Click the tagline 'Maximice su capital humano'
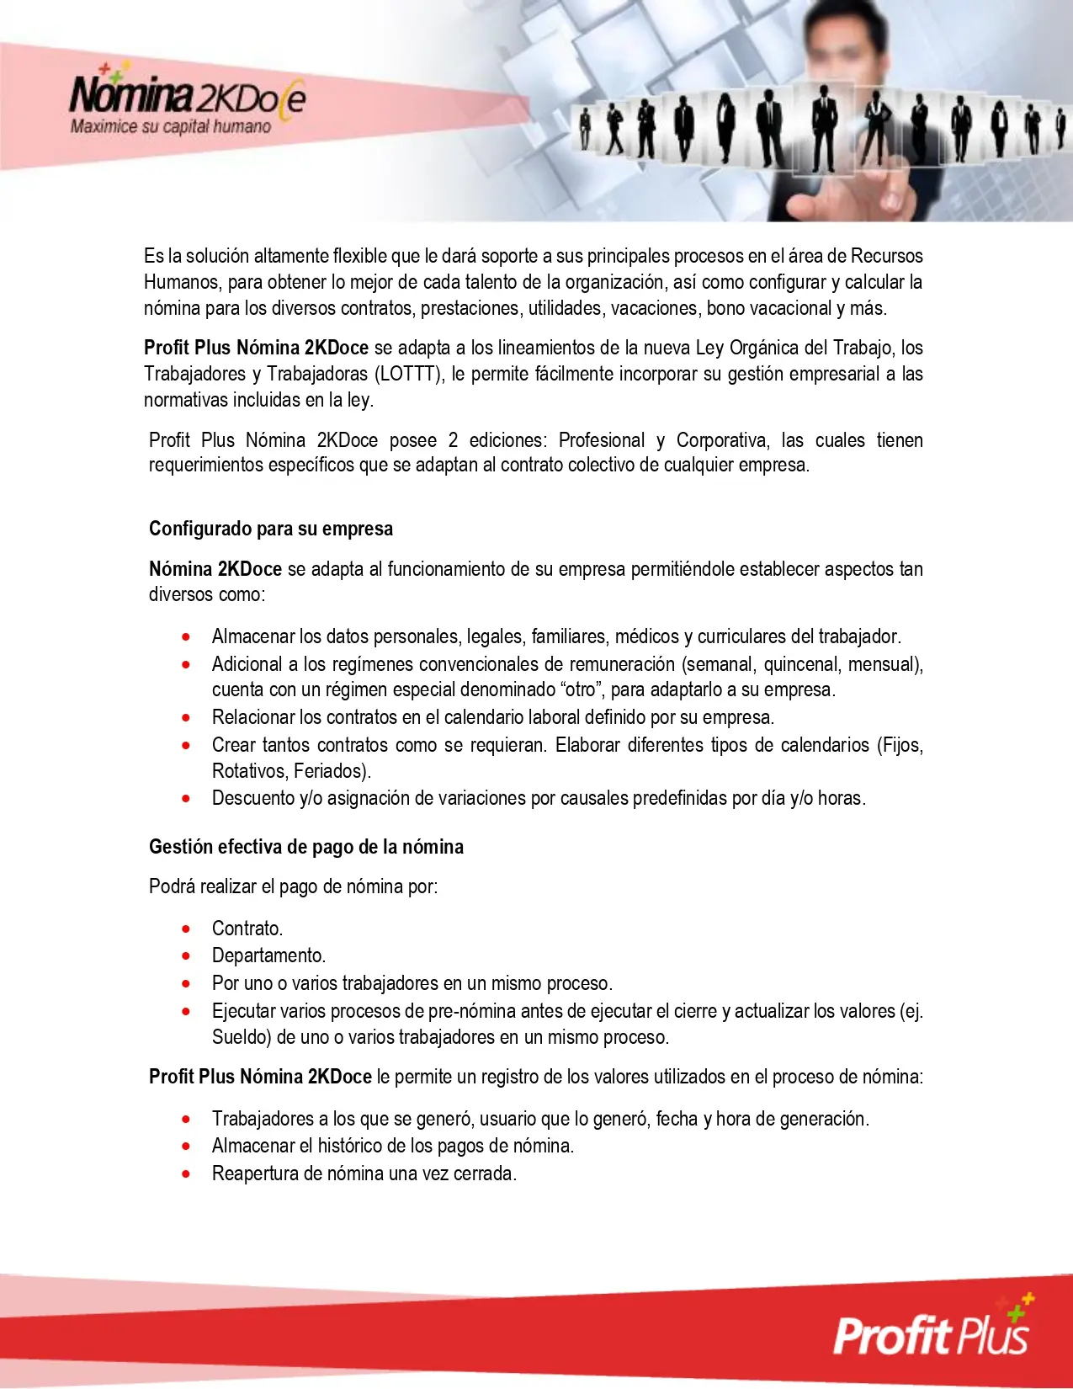coord(171,127)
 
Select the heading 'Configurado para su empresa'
coord(271,529)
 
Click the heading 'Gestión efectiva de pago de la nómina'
coord(306,847)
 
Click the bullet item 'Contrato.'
coord(247,929)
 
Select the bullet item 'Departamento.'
coord(268,955)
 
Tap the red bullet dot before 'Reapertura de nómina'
coord(186,1173)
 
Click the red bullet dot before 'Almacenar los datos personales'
coord(186,636)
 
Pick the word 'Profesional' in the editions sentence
coord(602,440)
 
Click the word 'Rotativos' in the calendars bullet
coord(247,771)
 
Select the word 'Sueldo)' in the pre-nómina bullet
coord(242,1037)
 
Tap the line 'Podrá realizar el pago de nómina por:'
coord(293,886)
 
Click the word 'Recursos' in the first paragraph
coord(886,256)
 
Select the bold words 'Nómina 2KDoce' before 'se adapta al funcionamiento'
coord(215,569)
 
